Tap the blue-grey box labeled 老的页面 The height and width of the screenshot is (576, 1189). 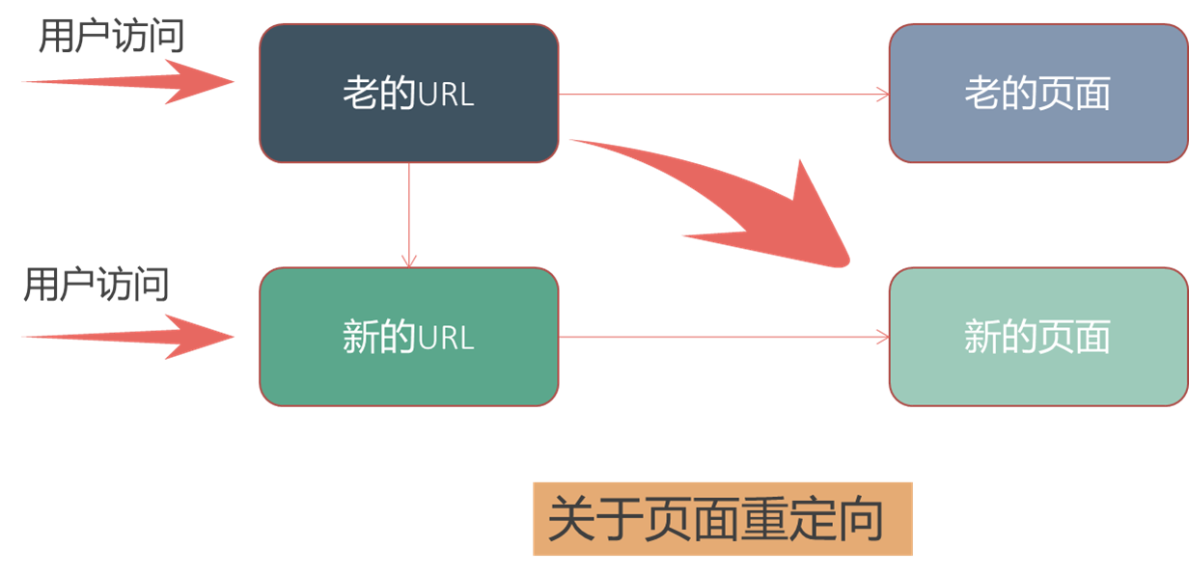click(x=1037, y=94)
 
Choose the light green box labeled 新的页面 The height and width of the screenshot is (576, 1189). click(x=1037, y=337)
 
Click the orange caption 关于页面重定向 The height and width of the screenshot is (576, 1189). click(x=722, y=519)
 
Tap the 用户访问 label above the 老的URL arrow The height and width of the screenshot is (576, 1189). click(x=111, y=37)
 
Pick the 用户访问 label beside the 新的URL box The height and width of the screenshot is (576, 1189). click(x=97, y=285)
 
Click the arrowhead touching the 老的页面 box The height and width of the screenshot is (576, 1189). click(x=881, y=95)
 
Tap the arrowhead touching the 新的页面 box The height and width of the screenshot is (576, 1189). click(x=881, y=337)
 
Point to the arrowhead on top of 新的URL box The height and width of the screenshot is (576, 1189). click(x=409, y=261)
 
